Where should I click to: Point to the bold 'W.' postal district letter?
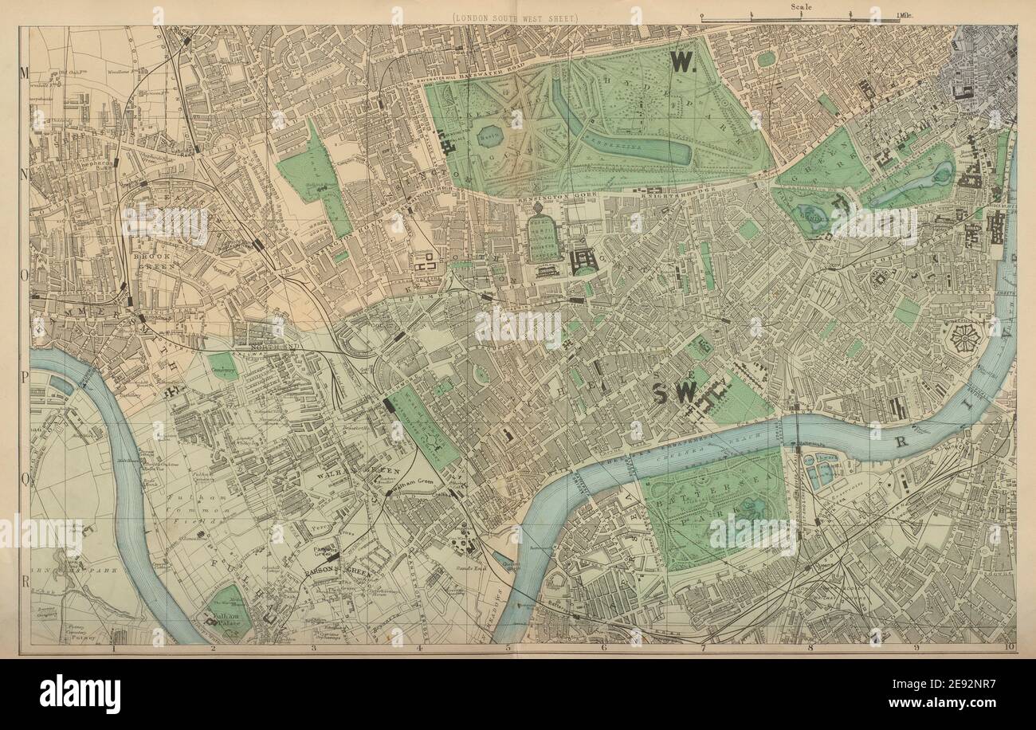click(x=683, y=63)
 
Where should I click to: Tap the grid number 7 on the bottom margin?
click(x=703, y=649)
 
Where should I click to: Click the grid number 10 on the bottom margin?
click(x=1009, y=649)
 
